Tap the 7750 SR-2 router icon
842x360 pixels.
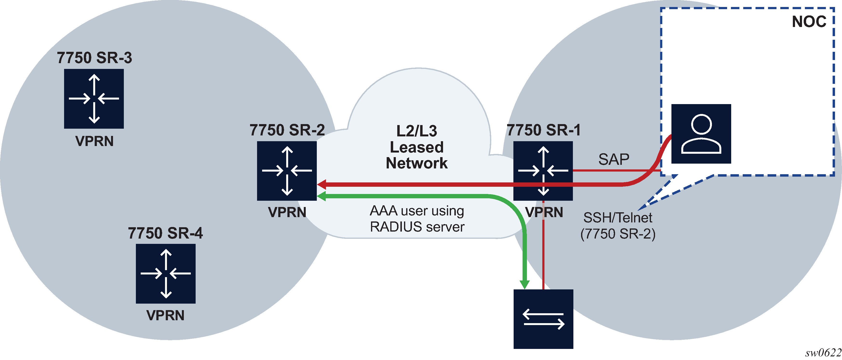click(x=287, y=170)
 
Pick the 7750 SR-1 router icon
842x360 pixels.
click(x=543, y=170)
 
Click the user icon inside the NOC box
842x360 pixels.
click(x=701, y=133)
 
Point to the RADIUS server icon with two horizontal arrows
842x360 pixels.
click(x=543, y=319)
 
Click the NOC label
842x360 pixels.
click(x=809, y=22)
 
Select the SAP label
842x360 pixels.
click(x=614, y=160)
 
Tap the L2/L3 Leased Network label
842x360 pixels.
click(x=417, y=147)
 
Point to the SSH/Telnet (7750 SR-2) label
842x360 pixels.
click(x=617, y=226)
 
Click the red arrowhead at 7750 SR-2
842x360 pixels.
click(x=322, y=184)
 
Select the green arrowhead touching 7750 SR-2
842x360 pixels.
click(x=322, y=196)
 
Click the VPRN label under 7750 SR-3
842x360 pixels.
click(x=94, y=141)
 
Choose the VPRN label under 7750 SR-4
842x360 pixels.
click(x=166, y=315)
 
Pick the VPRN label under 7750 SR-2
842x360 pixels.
click(x=287, y=212)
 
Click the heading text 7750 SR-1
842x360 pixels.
click(x=543, y=130)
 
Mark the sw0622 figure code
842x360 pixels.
click(x=823, y=353)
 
